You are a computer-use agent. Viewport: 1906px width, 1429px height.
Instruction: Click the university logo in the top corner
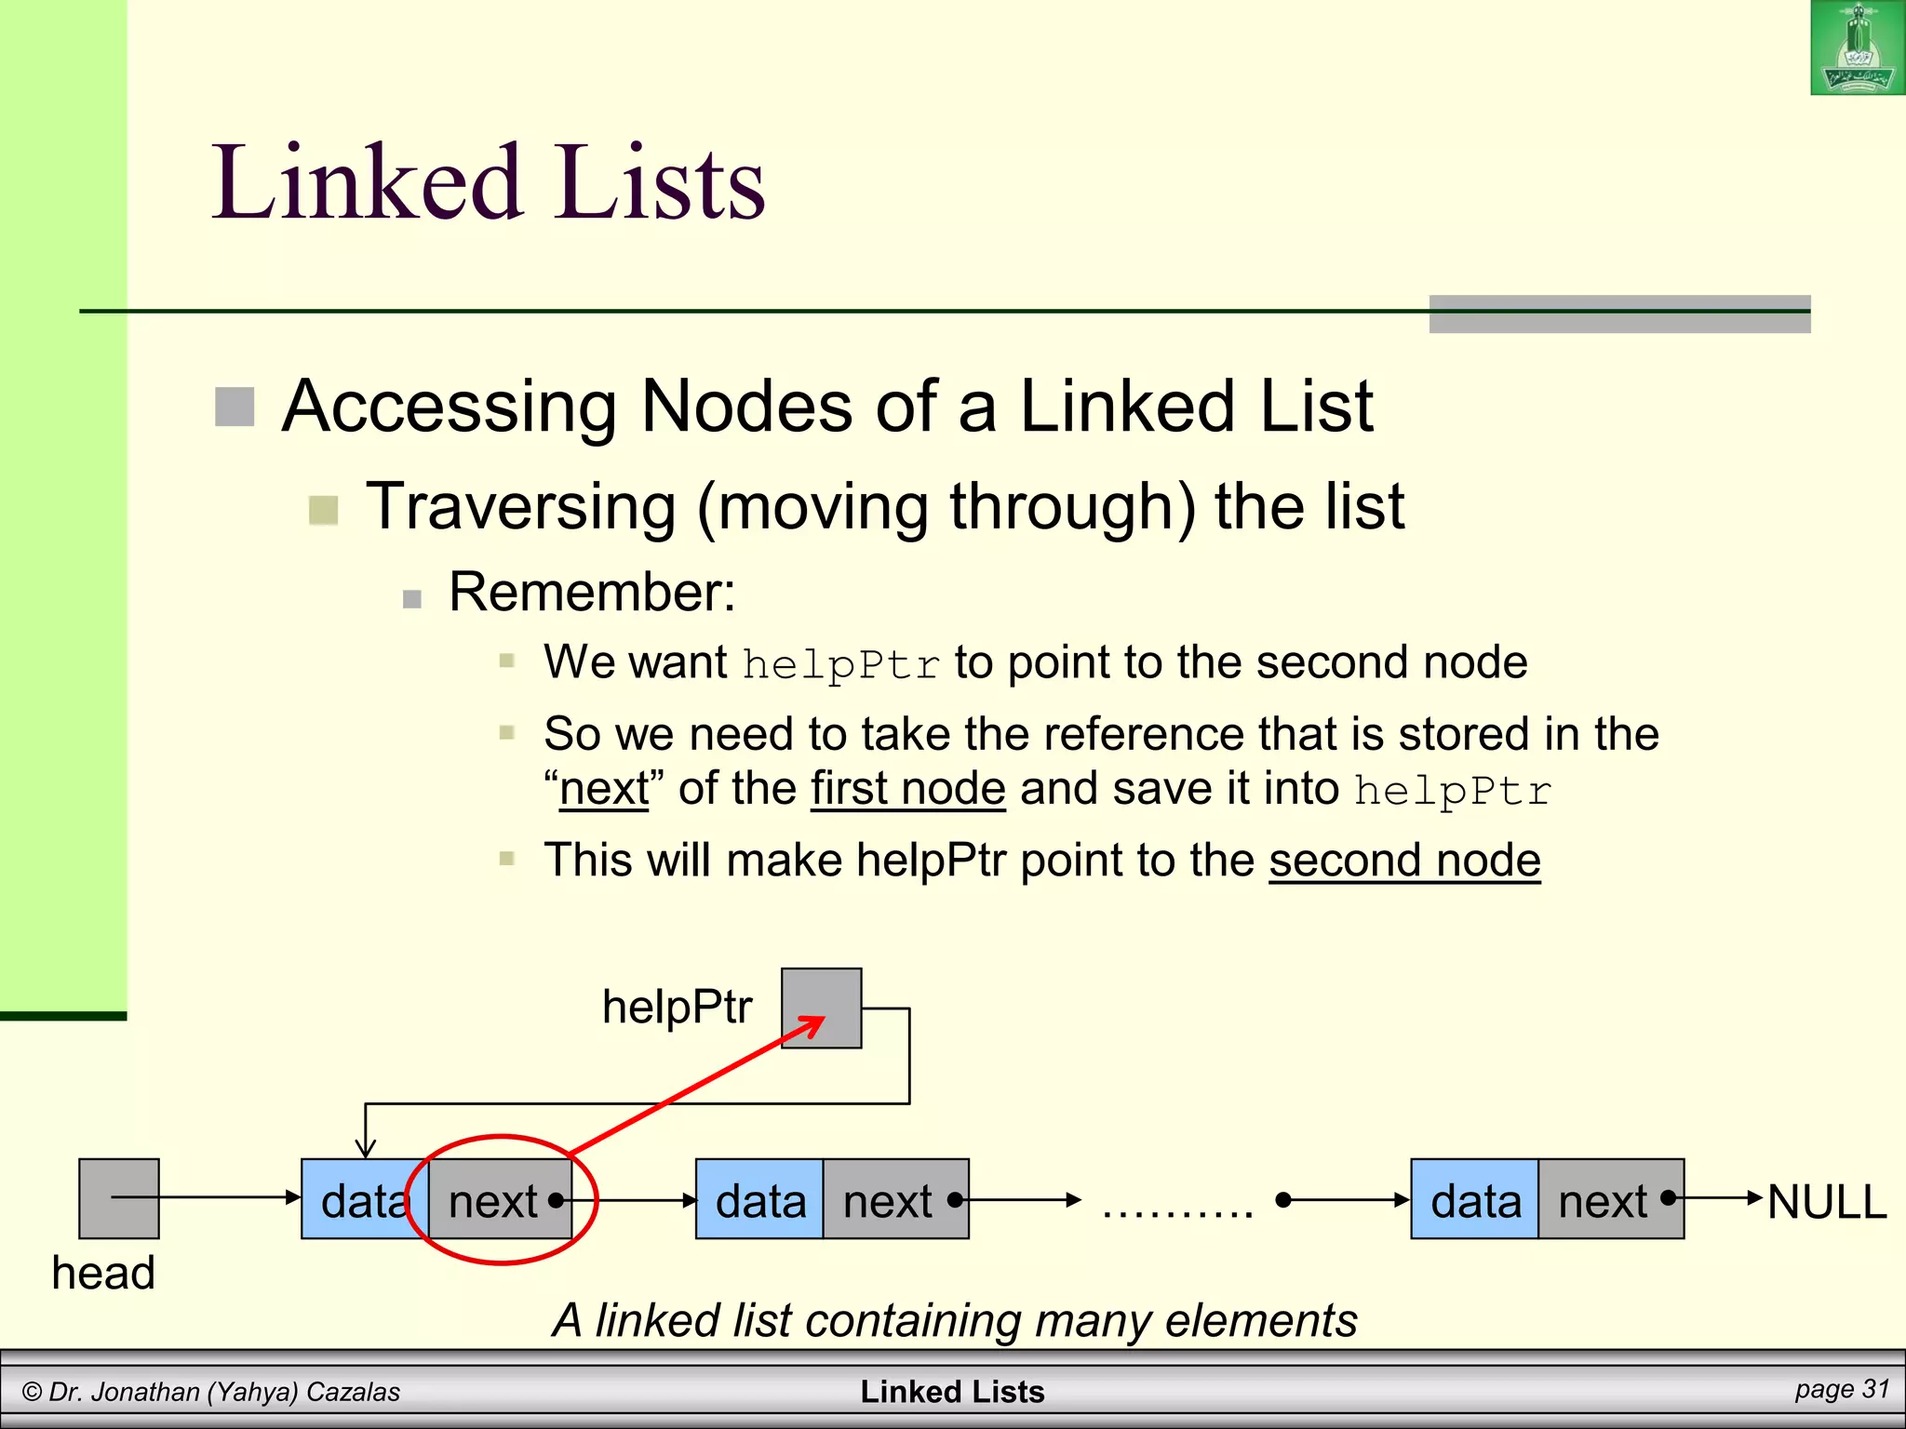1857,47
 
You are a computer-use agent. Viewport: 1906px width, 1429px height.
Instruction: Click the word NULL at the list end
1826,1201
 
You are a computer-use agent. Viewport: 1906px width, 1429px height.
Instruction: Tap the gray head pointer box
119,1198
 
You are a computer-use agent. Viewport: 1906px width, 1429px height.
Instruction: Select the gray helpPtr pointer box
821,1008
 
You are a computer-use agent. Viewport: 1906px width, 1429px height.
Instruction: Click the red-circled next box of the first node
501,1199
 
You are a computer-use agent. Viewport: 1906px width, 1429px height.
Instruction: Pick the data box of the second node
759,1199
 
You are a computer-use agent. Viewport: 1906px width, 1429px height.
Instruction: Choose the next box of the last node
1611,1199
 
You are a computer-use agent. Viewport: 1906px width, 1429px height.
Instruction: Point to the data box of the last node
1474,1199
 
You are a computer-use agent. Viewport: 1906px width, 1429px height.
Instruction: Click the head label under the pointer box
103,1272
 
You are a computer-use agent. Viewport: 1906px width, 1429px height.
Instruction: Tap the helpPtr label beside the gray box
677,1007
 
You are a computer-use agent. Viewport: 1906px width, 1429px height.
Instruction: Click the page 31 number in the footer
1842,1389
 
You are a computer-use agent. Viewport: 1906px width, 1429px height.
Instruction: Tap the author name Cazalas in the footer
353,1392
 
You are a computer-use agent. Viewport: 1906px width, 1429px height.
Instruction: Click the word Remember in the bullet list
592,592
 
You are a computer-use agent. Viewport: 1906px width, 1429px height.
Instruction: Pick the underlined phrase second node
1404,860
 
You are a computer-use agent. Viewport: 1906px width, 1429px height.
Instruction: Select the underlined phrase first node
907,788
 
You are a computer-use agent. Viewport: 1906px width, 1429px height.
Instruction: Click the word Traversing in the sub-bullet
521,507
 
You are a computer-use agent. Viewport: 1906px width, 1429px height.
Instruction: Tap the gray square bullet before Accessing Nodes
235,407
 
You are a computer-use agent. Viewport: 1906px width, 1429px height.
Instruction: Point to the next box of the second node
895,1199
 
